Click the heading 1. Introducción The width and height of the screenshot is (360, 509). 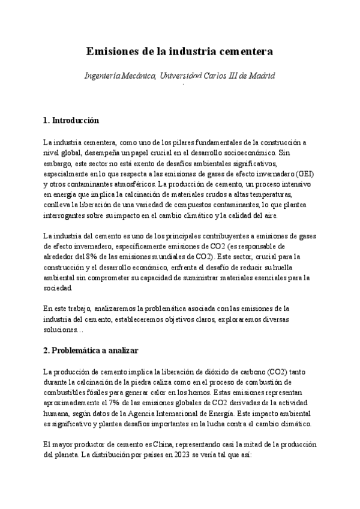pyautogui.click(x=71, y=121)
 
